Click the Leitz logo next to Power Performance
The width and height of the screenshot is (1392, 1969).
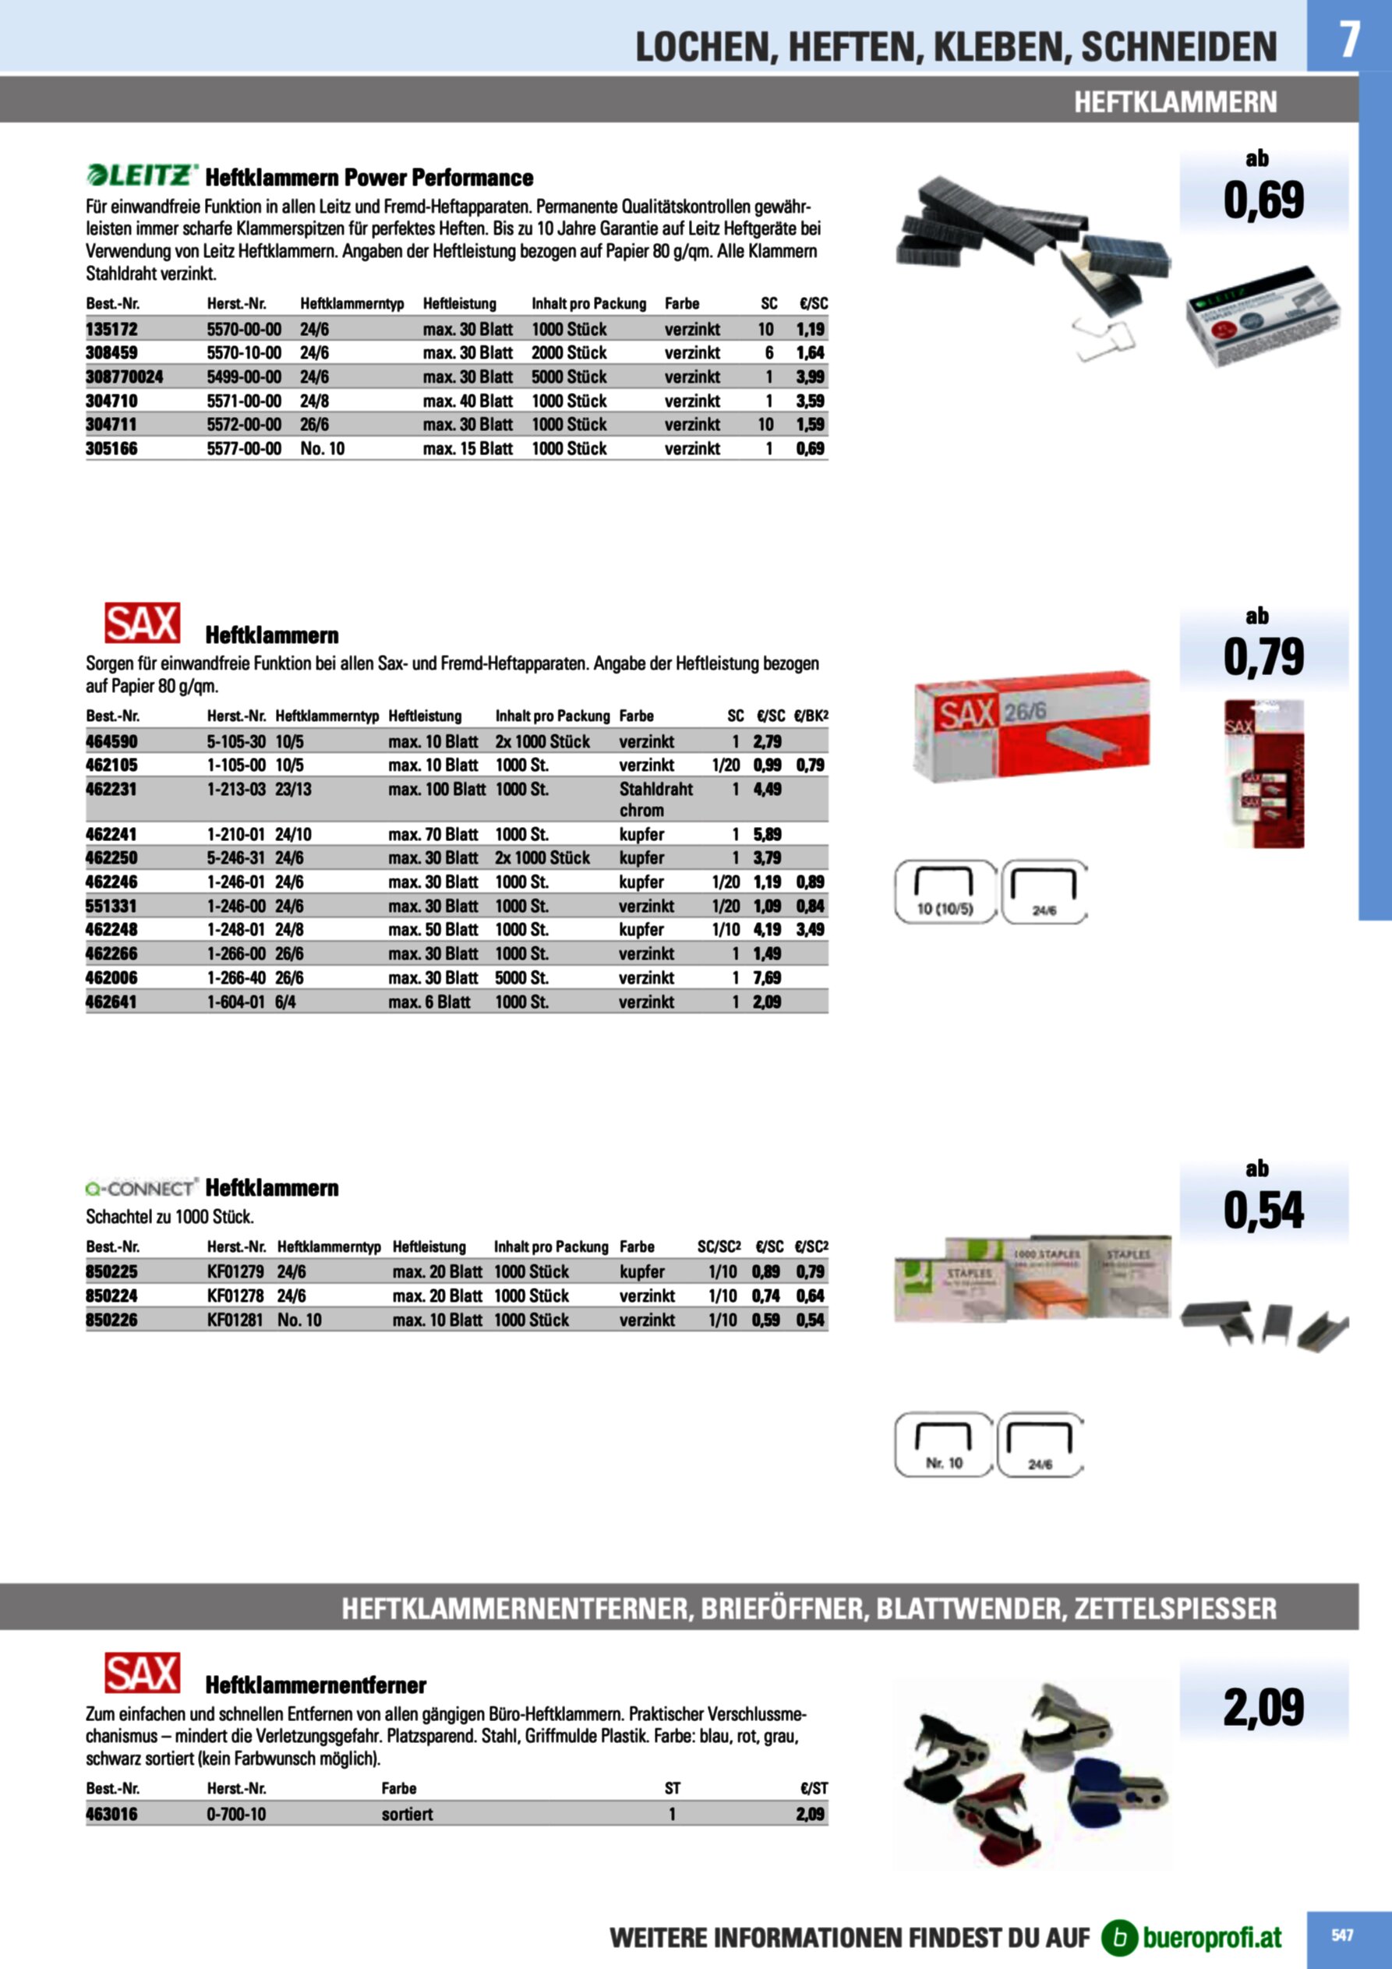(143, 176)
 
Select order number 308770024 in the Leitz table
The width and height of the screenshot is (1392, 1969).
(125, 376)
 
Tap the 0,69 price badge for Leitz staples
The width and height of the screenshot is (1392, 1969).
(1263, 199)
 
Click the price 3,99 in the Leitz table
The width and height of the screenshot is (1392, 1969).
(810, 376)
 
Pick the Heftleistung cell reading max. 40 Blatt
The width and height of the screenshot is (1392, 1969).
(468, 401)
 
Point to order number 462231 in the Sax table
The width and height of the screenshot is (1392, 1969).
(111, 789)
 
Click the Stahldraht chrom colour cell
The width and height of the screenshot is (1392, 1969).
(655, 799)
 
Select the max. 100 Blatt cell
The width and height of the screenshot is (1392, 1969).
(436, 789)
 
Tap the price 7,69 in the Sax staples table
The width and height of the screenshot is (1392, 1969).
(767, 977)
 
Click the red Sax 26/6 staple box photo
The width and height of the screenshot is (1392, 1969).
(1032, 726)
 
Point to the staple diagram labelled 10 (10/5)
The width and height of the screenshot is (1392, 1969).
(945, 892)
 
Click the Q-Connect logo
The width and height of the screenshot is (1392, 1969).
(142, 1188)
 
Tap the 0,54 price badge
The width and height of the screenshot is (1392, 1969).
(1263, 1210)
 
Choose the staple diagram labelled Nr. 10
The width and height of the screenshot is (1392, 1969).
(943, 1445)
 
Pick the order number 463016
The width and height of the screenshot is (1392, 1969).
(111, 1814)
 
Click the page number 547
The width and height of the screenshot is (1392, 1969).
(1342, 1935)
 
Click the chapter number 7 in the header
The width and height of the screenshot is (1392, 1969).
(1349, 39)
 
